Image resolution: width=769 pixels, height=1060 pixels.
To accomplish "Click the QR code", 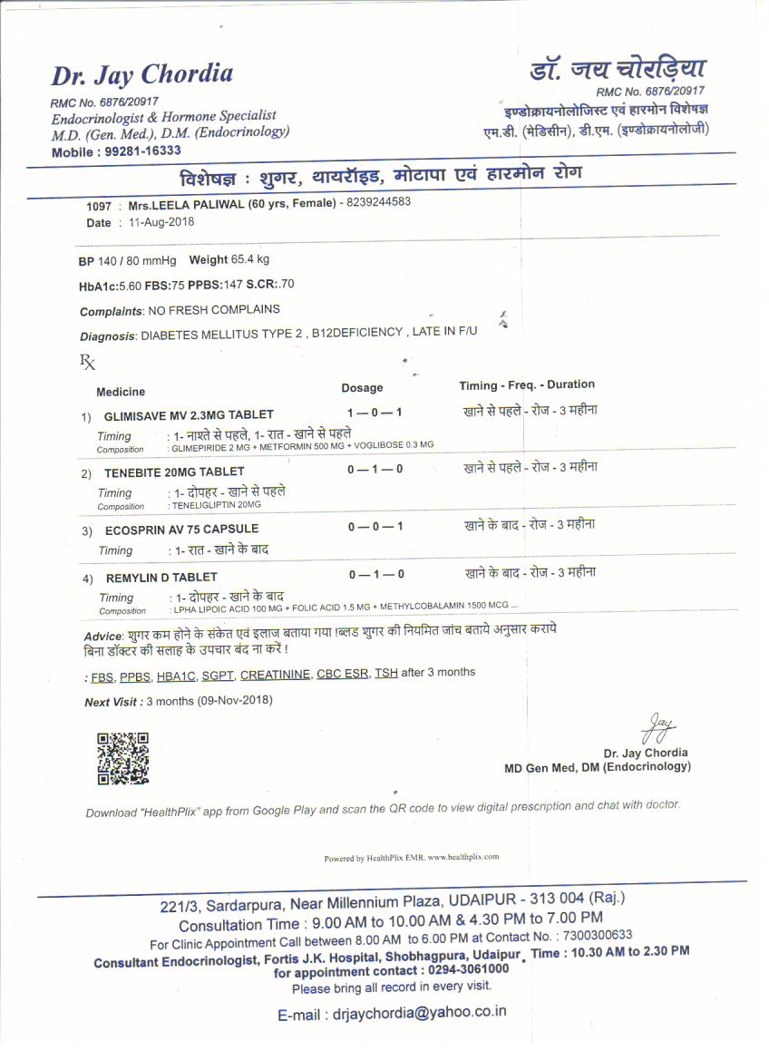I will tap(122, 757).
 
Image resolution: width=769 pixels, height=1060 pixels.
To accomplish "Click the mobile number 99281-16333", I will tap(142, 151).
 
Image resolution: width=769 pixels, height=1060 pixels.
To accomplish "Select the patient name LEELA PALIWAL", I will tap(208, 205).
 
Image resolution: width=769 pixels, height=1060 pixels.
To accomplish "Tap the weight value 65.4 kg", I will tap(249, 260).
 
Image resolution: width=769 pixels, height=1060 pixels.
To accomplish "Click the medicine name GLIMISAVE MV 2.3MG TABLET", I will tap(189, 415).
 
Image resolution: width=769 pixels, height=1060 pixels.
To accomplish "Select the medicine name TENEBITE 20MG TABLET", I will tap(174, 472).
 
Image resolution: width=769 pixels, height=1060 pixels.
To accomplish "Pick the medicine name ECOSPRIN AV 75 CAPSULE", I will tap(181, 529).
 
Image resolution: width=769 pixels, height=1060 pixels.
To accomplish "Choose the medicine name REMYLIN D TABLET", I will tap(161, 578).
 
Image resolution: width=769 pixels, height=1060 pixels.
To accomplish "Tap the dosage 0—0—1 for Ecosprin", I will tap(375, 526).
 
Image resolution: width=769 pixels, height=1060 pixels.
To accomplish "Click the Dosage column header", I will tap(362, 388).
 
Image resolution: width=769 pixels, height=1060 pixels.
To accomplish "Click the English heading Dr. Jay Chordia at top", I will tap(142, 74).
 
